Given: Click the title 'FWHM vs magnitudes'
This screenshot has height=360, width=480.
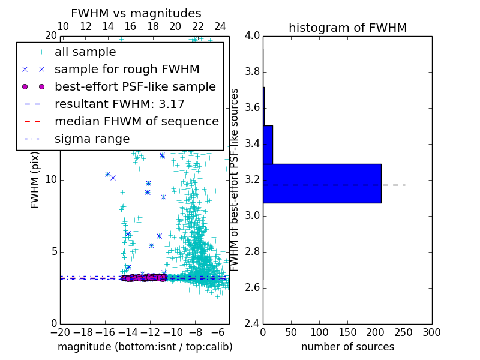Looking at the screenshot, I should [136, 14].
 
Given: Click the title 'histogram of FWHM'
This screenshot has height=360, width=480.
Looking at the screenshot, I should [347, 28].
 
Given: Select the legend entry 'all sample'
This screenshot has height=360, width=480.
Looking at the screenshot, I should [83, 52].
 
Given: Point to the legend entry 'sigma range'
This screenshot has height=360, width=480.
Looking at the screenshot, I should [92, 139].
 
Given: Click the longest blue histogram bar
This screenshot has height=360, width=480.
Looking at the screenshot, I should [322, 183].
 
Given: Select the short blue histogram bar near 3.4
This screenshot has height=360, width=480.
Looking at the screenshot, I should [268, 145].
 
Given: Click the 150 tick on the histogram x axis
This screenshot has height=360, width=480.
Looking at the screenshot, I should [347, 332].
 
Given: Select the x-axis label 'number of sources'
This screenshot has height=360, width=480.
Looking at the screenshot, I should [347, 347].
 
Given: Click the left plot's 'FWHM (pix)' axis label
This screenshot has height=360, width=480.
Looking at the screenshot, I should [35, 179].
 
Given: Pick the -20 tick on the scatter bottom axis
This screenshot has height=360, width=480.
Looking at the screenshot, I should [60, 332].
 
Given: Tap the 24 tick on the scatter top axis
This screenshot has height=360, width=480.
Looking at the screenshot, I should [220, 26].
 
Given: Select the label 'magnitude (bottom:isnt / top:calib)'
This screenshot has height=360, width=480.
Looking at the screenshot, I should [145, 347].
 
